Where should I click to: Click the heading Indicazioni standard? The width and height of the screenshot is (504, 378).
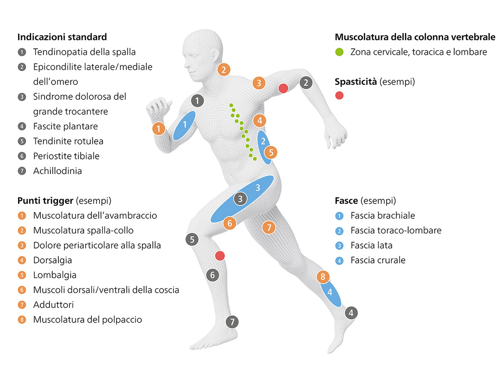click(x=62, y=37)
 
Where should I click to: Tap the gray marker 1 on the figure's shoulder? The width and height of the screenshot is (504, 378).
click(x=197, y=101)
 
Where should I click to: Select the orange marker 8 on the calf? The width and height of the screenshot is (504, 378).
click(x=323, y=277)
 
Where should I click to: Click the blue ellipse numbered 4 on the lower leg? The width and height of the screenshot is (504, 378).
click(x=330, y=293)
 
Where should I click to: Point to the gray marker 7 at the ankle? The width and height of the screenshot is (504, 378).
click(x=232, y=322)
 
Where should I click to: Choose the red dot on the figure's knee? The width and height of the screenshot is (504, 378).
click(x=220, y=256)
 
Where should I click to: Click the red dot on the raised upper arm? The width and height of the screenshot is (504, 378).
click(x=283, y=88)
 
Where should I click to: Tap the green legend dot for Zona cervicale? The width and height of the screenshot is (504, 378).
click(x=339, y=52)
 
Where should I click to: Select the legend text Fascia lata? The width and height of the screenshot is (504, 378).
click(x=371, y=245)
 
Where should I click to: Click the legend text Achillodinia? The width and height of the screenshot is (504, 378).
click(x=58, y=171)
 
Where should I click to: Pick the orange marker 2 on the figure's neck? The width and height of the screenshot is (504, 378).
click(x=223, y=70)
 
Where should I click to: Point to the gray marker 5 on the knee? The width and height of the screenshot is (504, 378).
click(x=192, y=239)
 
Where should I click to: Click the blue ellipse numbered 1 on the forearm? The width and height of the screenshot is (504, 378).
click(x=184, y=126)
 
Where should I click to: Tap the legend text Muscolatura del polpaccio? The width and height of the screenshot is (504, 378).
click(x=87, y=320)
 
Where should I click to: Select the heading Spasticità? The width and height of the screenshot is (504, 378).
click(x=356, y=82)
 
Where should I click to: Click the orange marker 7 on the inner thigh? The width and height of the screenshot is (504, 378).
click(x=269, y=228)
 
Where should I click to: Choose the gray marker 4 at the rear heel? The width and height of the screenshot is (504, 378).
click(x=351, y=313)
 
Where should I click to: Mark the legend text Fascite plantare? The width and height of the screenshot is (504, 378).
click(x=66, y=126)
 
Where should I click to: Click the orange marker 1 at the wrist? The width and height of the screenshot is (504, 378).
click(x=159, y=129)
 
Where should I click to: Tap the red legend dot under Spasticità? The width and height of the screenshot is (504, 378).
click(x=339, y=95)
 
